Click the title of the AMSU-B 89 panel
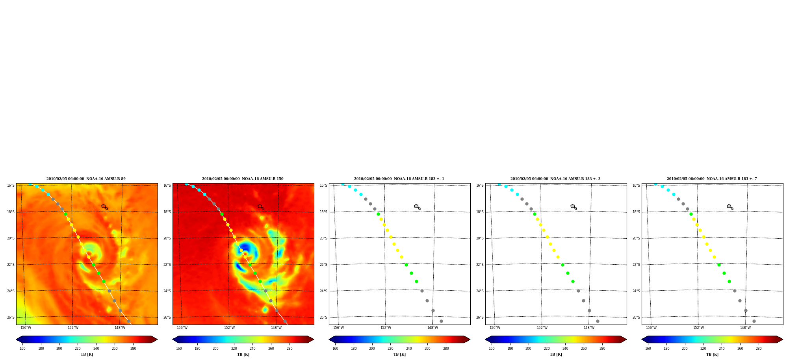click(86, 179)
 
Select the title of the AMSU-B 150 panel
click(243, 179)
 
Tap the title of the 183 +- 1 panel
click(399, 179)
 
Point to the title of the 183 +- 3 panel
click(555, 179)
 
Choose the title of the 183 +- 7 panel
click(712, 179)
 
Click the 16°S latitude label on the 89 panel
click(11, 186)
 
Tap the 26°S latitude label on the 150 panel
click(167, 317)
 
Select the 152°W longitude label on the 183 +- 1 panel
click(386, 328)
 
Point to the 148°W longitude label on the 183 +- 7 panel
click(745, 328)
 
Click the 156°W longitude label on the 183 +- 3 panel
click(495, 328)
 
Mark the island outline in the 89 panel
click(104, 207)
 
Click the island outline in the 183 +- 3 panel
click(574, 207)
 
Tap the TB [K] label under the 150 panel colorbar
click(243, 354)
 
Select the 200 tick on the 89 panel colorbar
click(59, 349)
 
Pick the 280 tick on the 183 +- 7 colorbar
click(759, 349)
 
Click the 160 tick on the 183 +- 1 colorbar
click(335, 349)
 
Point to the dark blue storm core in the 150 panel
click(245, 249)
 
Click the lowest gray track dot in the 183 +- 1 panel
click(441, 321)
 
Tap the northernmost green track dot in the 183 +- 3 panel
click(535, 214)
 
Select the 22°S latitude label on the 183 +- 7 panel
click(636, 265)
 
